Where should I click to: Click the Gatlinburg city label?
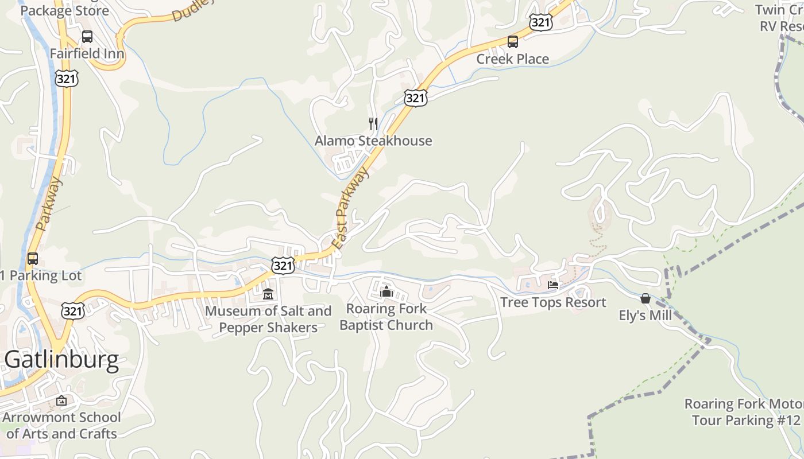point(61,360)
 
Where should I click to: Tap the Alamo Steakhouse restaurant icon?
point(373,123)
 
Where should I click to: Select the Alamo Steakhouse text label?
point(373,141)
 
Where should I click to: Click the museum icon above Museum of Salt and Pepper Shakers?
point(268,294)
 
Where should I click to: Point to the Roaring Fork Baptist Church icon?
point(386,292)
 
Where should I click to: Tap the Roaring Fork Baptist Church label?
point(386,317)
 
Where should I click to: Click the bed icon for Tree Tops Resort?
point(553,285)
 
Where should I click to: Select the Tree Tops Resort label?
point(553,302)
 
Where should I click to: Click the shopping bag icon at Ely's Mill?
point(645,298)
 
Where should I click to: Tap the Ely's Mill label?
point(645,315)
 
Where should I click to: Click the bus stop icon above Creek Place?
point(512,42)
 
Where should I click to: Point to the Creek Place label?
point(512,59)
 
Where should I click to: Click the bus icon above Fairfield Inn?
point(87,37)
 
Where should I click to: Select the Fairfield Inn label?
point(87,53)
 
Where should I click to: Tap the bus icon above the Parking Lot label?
point(33,258)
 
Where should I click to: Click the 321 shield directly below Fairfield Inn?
point(67,79)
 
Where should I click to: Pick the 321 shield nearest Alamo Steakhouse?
point(415,98)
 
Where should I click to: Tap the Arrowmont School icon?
point(61,400)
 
